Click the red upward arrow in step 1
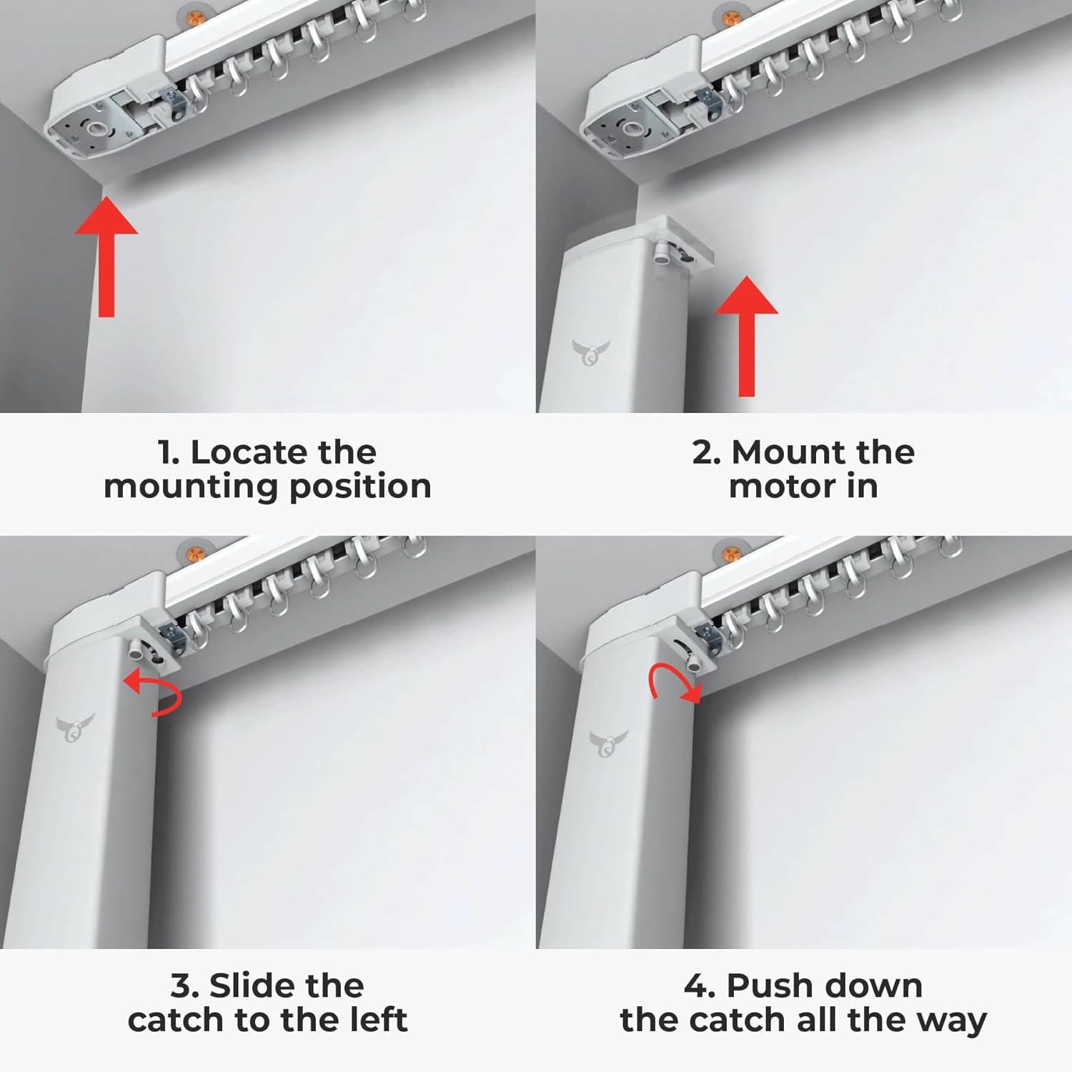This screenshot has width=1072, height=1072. (106, 257)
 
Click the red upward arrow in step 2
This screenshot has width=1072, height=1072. (747, 336)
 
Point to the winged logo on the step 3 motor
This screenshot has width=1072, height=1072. (74, 728)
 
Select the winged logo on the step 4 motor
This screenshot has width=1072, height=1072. (608, 743)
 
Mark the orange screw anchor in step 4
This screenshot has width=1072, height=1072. (726, 551)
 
